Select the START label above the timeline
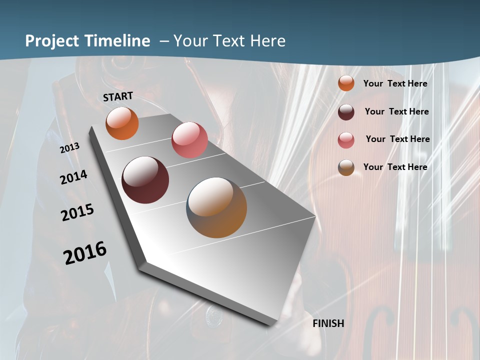[118, 96]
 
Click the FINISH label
[328, 323]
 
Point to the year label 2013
[70, 148]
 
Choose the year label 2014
[74, 177]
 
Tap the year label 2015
[77, 212]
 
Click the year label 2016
[85, 253]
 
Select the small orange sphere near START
[122, 123]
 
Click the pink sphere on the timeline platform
[189, 140]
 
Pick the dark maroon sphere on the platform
[145, 180]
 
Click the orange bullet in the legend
[346, 83]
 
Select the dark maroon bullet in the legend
[346, 111]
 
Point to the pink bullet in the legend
[346, 139]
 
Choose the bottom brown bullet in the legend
[346, 167]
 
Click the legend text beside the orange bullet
[395, 83]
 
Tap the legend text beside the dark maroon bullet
[396, 111]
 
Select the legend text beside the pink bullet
[397, 139]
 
